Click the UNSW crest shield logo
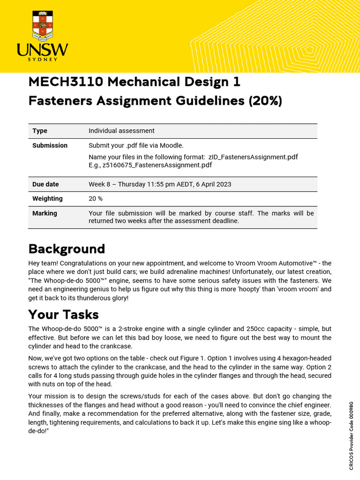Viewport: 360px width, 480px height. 43,24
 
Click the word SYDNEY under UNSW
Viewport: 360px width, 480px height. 43,60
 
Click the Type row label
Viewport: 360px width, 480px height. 40,131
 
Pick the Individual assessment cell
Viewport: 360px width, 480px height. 121,131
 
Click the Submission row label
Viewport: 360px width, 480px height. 50,145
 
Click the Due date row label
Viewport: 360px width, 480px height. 45,184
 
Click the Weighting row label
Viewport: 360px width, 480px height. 47,199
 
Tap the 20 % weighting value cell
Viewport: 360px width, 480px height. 96,199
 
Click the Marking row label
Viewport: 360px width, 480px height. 45,213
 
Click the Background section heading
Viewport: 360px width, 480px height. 67,248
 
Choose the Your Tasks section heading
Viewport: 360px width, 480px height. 64,314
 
